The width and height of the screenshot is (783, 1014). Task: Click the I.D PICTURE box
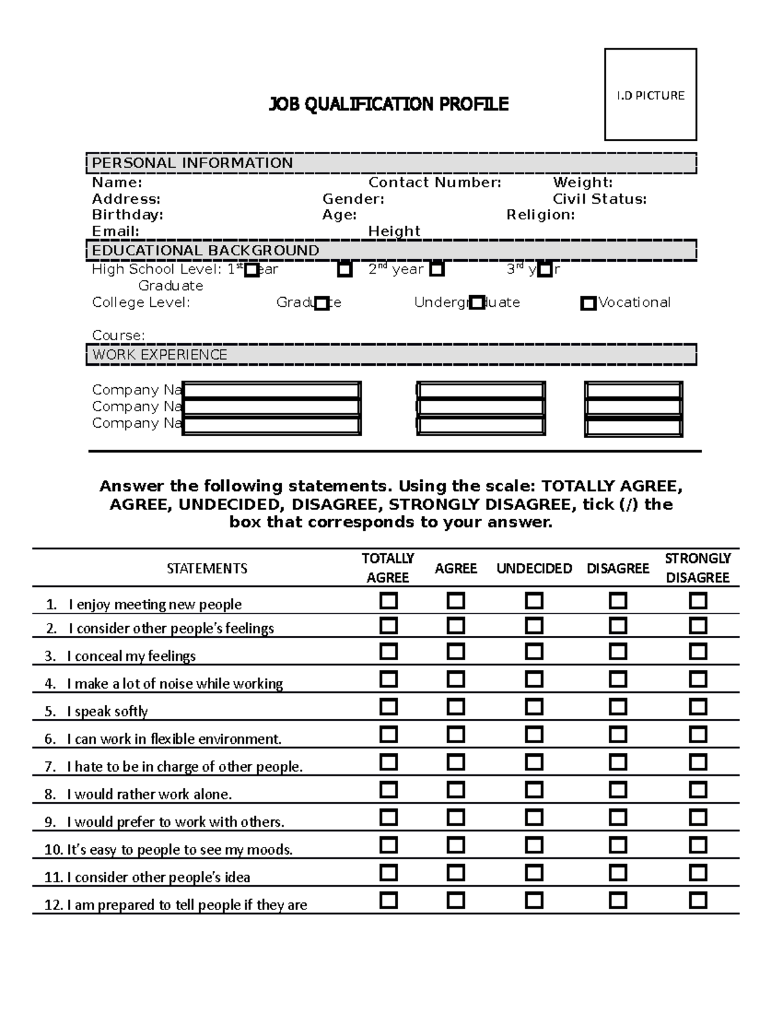click(650, 95)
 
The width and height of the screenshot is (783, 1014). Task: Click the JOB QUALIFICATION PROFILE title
click(388, 104)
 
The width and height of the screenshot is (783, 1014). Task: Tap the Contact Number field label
click(435, 183)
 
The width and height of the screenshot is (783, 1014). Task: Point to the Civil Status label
click(599, 199)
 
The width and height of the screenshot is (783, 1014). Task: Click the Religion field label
click(540, 215)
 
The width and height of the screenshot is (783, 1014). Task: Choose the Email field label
click(115, 231)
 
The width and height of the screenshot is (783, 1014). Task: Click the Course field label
click(118, 336)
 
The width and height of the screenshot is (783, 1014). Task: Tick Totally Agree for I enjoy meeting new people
click(388, 601)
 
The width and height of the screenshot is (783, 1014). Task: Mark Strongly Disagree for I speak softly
click(698, 707)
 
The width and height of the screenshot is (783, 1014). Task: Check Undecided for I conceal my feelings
click(534, 652)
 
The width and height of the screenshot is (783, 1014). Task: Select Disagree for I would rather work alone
click(617, 790)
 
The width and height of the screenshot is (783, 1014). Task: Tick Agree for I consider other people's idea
click(455, 873)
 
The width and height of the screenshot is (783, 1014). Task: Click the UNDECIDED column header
click(534, 569)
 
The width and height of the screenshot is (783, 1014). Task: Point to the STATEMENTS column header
click(207, 569)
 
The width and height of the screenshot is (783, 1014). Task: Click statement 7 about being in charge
click(185, 767)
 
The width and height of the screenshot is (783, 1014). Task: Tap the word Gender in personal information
click(353, 199)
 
